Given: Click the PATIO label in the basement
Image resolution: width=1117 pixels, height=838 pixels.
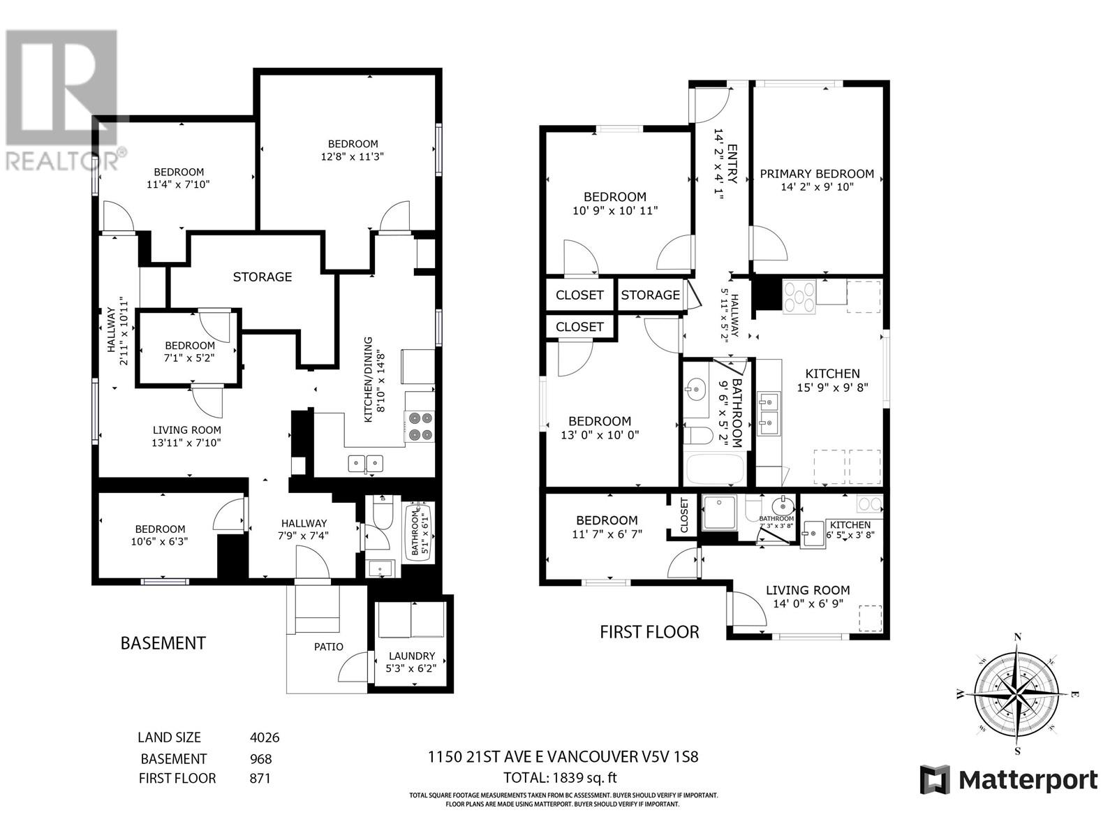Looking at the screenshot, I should click(328, 647).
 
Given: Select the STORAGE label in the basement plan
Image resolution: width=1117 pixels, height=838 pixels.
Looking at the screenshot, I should click(262, 277).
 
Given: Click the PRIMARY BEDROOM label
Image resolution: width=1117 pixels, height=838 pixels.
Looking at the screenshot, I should click(817, 174).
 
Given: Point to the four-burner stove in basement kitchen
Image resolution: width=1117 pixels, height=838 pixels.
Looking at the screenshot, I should click(420, 426).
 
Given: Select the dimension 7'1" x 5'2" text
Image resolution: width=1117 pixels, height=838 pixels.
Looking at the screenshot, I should click(190, 358).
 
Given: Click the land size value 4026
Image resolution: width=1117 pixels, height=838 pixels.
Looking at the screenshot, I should click(265, 737).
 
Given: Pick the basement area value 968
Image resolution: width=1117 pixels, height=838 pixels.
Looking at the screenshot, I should click(260, 759).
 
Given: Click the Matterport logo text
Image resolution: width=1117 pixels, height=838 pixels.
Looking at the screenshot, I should click(1028, 780).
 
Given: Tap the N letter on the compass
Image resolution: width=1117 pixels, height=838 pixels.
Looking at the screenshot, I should click(1017, 636).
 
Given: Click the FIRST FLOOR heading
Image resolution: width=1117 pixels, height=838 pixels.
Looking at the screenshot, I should click(649, 632).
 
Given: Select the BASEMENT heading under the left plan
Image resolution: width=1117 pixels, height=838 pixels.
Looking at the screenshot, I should click(163, 643).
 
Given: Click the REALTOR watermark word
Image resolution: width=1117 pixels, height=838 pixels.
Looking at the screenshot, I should click(61, 160).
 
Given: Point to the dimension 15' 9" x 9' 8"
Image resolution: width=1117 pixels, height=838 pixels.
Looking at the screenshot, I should click(832, 388).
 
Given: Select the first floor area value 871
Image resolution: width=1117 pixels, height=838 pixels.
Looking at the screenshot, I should click(259, 778).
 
